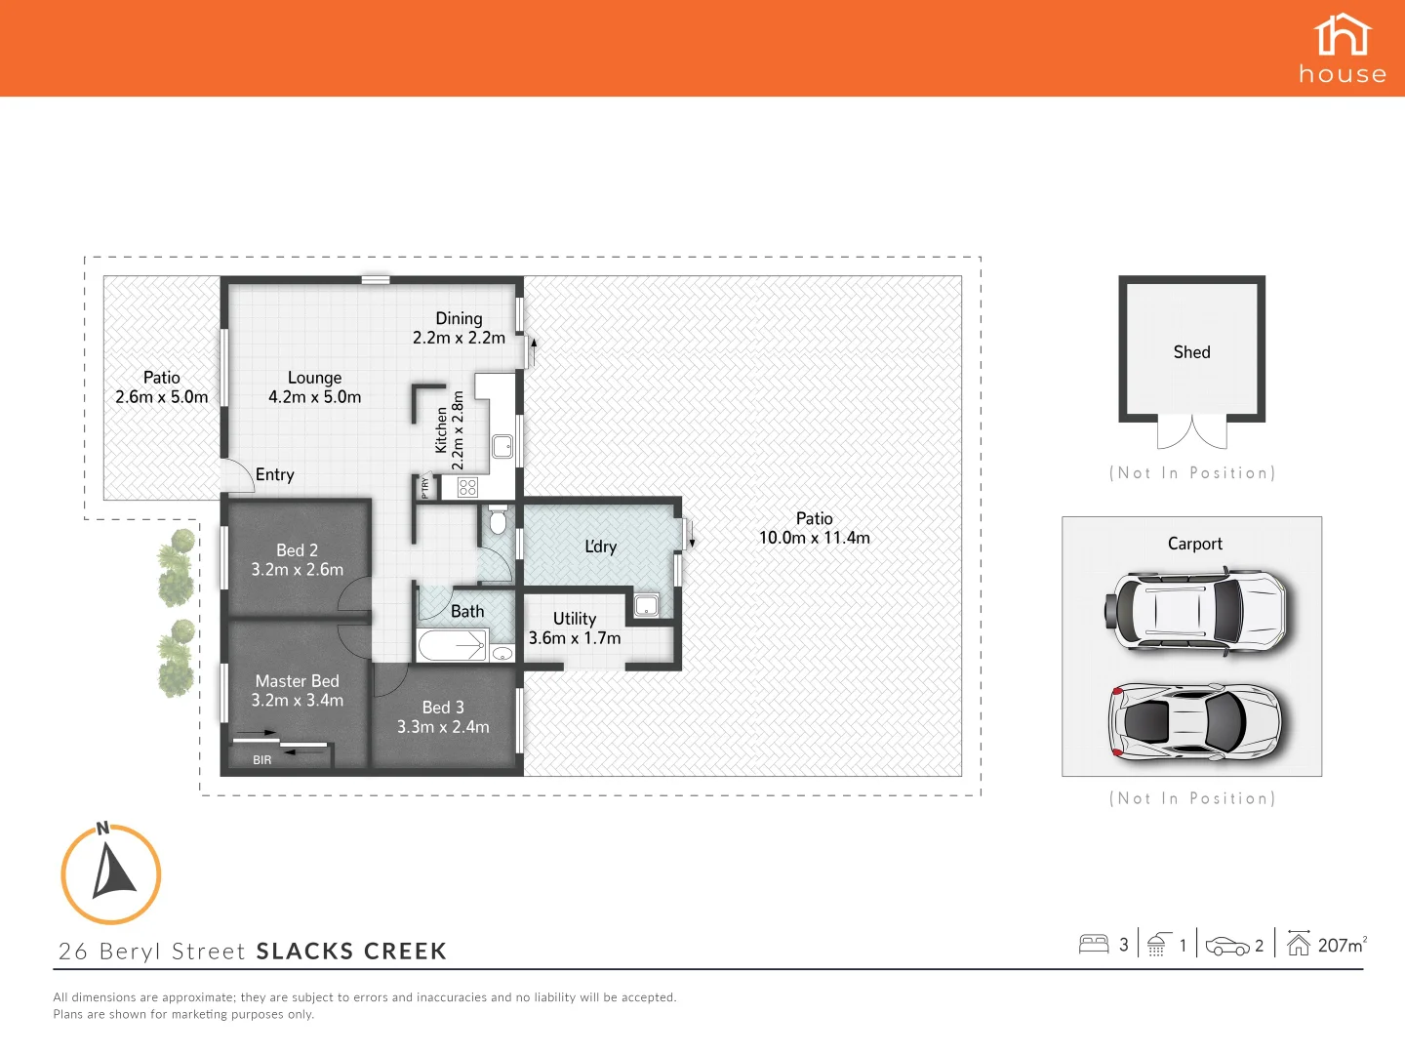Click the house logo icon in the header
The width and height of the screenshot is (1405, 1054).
(1343, 35)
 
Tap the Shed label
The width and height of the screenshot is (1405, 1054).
(1191, 352)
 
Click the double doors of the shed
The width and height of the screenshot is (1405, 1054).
(1191, 431)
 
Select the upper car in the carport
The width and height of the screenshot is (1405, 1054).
(1195, 610)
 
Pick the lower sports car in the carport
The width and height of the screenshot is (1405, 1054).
(1194, 721)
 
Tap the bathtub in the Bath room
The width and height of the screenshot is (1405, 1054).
(452, 646)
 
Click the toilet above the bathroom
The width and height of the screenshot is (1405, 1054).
(498, 520)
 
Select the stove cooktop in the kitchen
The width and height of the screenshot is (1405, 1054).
(467, 487)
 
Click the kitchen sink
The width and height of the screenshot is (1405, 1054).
(502, 447)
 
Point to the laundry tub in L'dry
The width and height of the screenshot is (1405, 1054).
(647, 605)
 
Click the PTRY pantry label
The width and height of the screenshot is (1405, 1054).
(424, 487)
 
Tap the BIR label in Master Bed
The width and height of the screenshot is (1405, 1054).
(261, 760)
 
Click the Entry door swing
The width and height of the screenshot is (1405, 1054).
(238, 476)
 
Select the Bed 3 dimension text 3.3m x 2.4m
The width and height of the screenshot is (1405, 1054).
(443, 727)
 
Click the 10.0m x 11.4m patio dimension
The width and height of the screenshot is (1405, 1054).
(815, 538)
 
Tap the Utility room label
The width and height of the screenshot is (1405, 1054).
(574, 619)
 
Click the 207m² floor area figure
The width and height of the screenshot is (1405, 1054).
(1342, 945)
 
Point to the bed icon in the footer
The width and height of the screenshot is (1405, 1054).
(1094, 944)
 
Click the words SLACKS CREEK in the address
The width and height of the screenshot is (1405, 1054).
(351, 952)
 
